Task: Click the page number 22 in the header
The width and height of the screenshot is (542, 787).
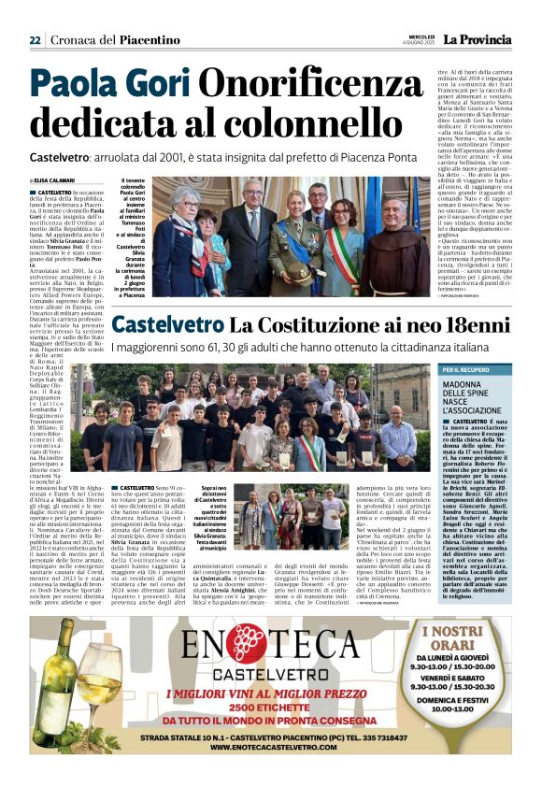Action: pyautogui.click(x=35, y=39)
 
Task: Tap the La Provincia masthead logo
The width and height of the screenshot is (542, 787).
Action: pyautogui.click(x=477, y=39)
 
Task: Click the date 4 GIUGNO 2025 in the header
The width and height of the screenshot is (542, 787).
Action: pyautogui.click(x=416, y=42)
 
